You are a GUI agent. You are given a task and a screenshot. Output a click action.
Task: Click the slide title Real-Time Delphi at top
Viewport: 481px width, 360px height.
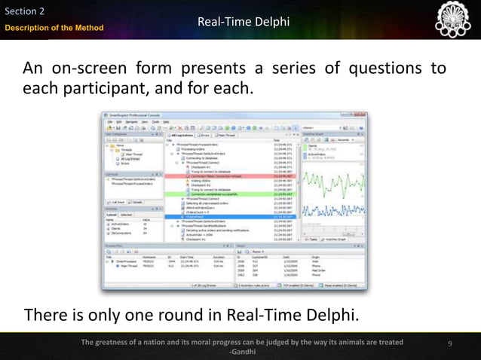tap(243, 22)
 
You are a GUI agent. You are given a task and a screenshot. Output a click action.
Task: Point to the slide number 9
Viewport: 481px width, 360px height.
tap(449, 344)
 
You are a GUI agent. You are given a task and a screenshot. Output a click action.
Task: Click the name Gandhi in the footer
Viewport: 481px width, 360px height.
tap(242, 352)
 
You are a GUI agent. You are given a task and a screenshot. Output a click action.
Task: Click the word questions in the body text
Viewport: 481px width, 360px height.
tap(383, 69)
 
